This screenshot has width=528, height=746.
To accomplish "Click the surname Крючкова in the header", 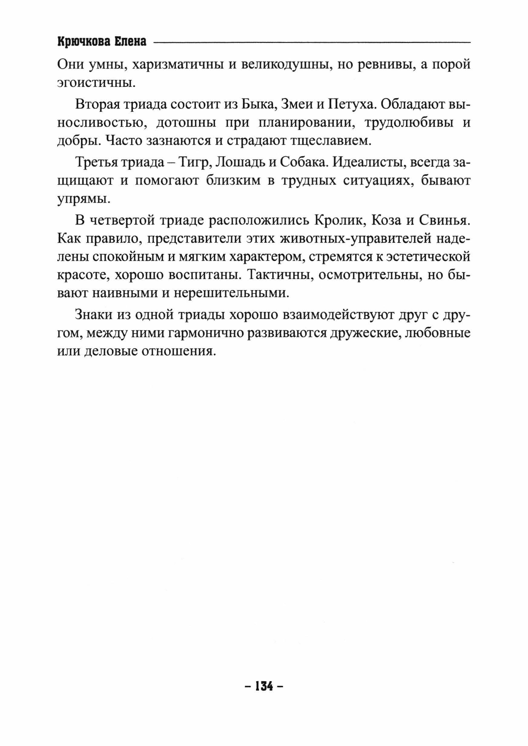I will [84, 42].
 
